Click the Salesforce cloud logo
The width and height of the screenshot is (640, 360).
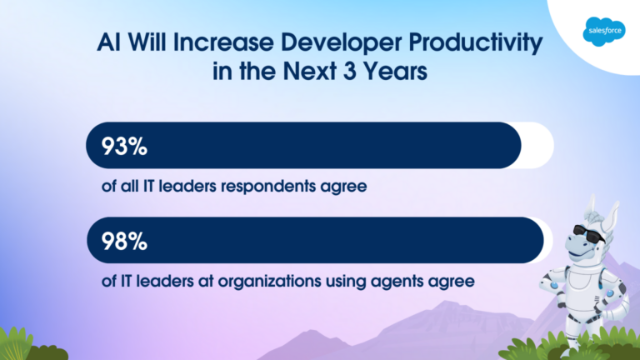604,32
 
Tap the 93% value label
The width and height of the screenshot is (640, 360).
124,146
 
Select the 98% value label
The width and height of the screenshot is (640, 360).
124,241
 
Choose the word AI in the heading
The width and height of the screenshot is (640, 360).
109,42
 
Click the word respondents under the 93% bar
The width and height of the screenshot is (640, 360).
268,187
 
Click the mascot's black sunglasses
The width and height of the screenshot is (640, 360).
588,233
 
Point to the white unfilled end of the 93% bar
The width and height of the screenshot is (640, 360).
538,145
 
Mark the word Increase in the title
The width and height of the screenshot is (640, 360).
223,42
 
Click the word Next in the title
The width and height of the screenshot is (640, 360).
310,71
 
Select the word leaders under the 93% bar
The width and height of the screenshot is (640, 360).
187,186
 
